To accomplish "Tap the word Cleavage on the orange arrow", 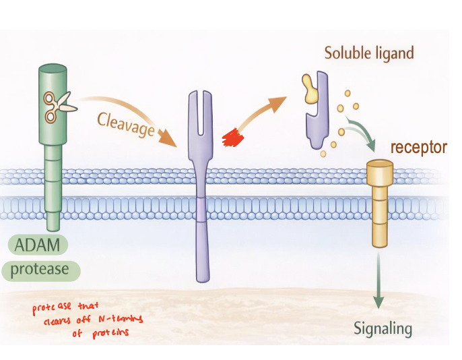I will (126, 125).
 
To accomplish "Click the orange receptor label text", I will (418, 147).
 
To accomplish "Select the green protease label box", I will (45, 270).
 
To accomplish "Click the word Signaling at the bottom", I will (383, 328).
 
